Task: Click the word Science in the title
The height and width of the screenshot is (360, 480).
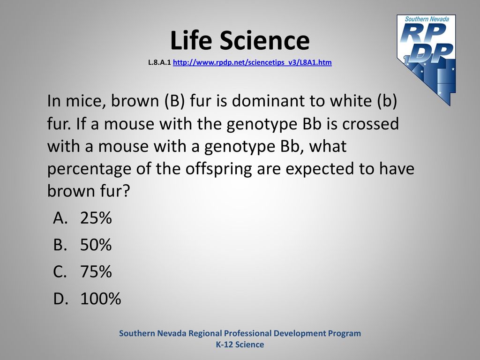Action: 264,40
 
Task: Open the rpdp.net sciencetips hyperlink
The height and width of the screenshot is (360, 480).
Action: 252,62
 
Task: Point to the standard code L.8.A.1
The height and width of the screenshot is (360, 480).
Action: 159,62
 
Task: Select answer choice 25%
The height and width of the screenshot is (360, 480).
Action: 96,218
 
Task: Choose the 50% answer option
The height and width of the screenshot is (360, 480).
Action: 96,245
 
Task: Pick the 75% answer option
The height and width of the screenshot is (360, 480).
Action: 96,272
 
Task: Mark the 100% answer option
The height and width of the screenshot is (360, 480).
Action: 101,299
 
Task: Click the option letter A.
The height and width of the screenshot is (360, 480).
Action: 60,218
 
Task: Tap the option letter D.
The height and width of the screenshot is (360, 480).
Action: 60,299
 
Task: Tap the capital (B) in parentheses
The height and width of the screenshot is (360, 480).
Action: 174,101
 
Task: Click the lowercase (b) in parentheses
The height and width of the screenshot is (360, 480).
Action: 387,101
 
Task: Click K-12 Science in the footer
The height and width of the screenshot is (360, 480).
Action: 240,345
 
